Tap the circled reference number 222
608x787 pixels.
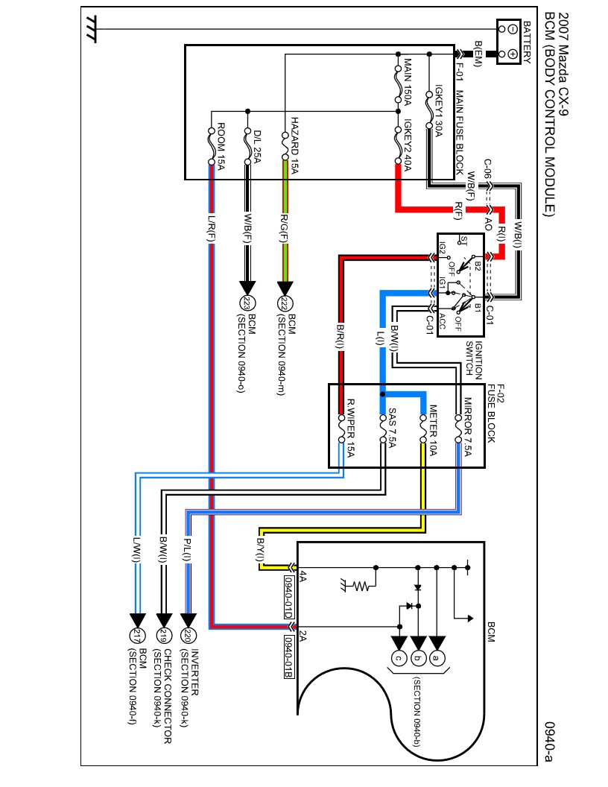pyautogui.click(x=284, y=303)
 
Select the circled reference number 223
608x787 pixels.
pyautogui.click(x=247, y=303)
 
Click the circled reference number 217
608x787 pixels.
pyautogui.click(x=137, y=636)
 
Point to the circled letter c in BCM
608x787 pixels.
pyautogui.click(x=399, y=658)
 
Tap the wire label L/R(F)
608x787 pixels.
pyautogui.click(x=212, y=228)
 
